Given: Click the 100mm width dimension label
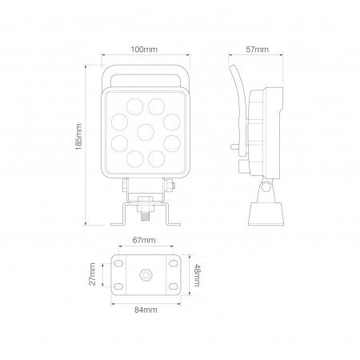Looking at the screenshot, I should tap(144, 50).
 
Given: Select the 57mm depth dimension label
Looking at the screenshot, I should tap(256, 50).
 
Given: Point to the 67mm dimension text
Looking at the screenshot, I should tap(145, 240).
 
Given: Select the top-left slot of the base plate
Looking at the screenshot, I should tap(119, 263).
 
